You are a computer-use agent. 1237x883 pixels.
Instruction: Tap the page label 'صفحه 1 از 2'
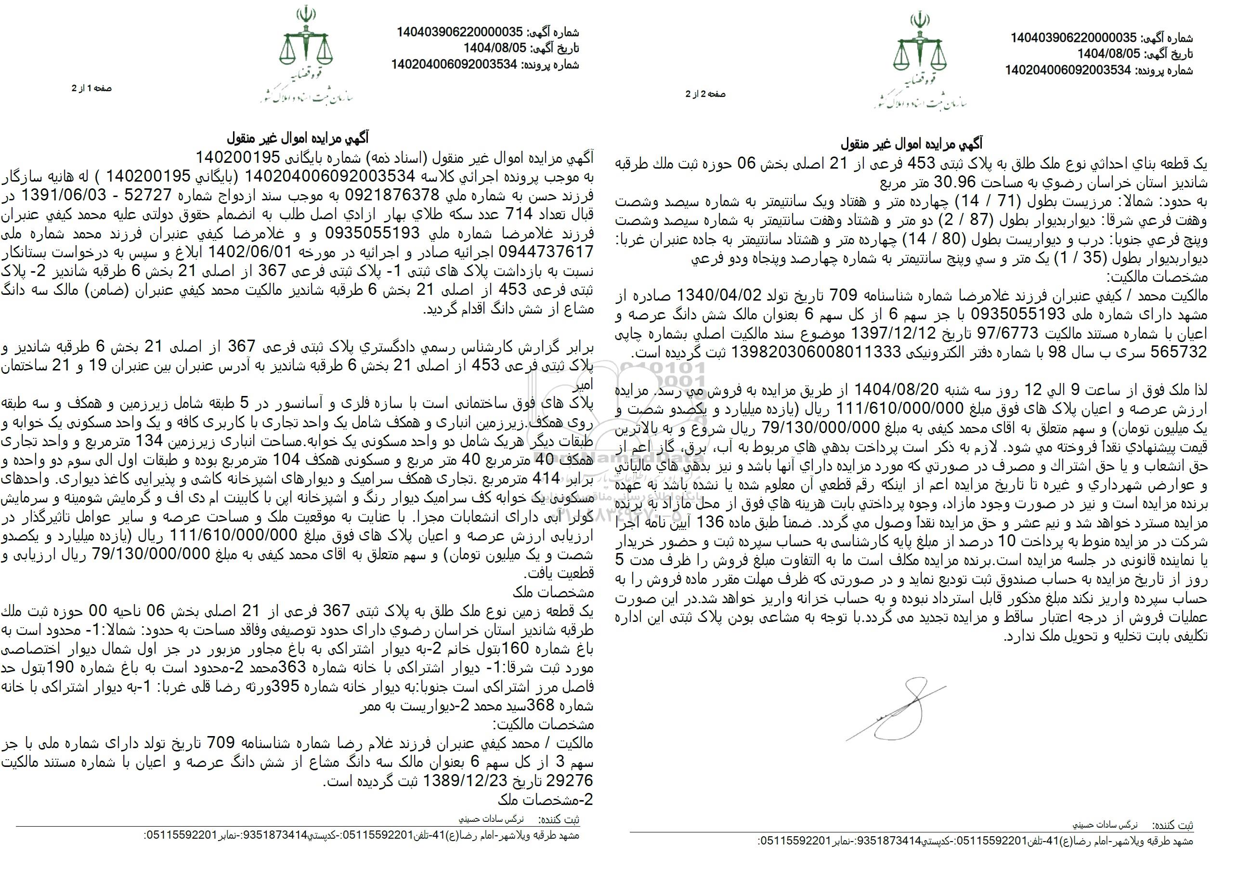point(91,88)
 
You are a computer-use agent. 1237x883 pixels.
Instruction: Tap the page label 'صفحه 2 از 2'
point(705,94)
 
